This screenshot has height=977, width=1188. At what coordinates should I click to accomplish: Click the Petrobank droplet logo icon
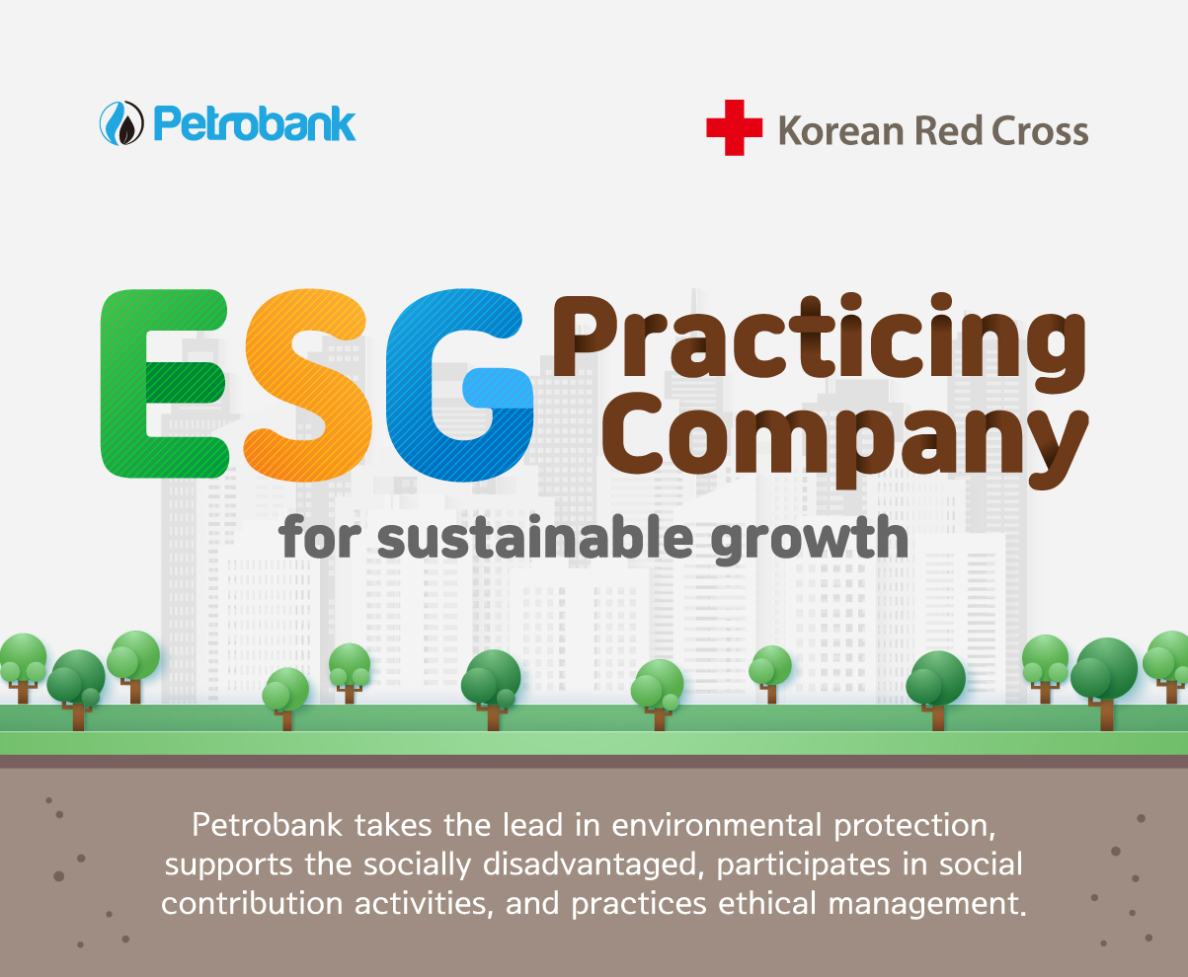pyautogui.click(x=121, y=123)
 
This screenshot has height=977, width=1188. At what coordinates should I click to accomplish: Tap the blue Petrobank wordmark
pyautogui.click(x=255, y=123)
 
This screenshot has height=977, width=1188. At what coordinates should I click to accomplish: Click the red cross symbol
pyautogui.click(x=734, y=127)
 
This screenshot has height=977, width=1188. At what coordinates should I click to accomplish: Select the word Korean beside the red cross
pyautogui.click(x=841, y=131)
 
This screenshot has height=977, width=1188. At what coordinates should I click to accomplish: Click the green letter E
pyautogui.click(x=165, y=384)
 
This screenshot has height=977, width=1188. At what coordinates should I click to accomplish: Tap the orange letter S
pyautogui.click(x=307, y=385)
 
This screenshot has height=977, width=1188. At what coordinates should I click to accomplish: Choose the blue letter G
pyautogui.click(x=459, y=385)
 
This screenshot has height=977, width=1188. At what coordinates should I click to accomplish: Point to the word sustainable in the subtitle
pyautogui.click(x=534, y=538)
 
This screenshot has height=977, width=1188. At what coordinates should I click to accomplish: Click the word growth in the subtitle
pyautogui.click(x=809, y=540)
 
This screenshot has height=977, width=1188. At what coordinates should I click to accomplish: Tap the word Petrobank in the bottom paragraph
pyautogui.click(x=267, y=826)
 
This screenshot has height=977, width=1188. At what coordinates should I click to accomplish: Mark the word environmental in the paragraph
pyautogui.click(x=716, y=826)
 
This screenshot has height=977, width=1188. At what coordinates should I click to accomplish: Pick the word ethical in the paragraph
pyautogui.click(x=767, y=904)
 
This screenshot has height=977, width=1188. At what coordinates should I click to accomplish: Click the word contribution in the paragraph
pyautogui.click(x=252, y=904)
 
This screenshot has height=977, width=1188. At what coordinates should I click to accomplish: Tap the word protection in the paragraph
pyautogui.click(x=914, y=827)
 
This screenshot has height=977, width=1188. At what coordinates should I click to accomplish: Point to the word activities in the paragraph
pyautogui.click(x=424, y=904)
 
